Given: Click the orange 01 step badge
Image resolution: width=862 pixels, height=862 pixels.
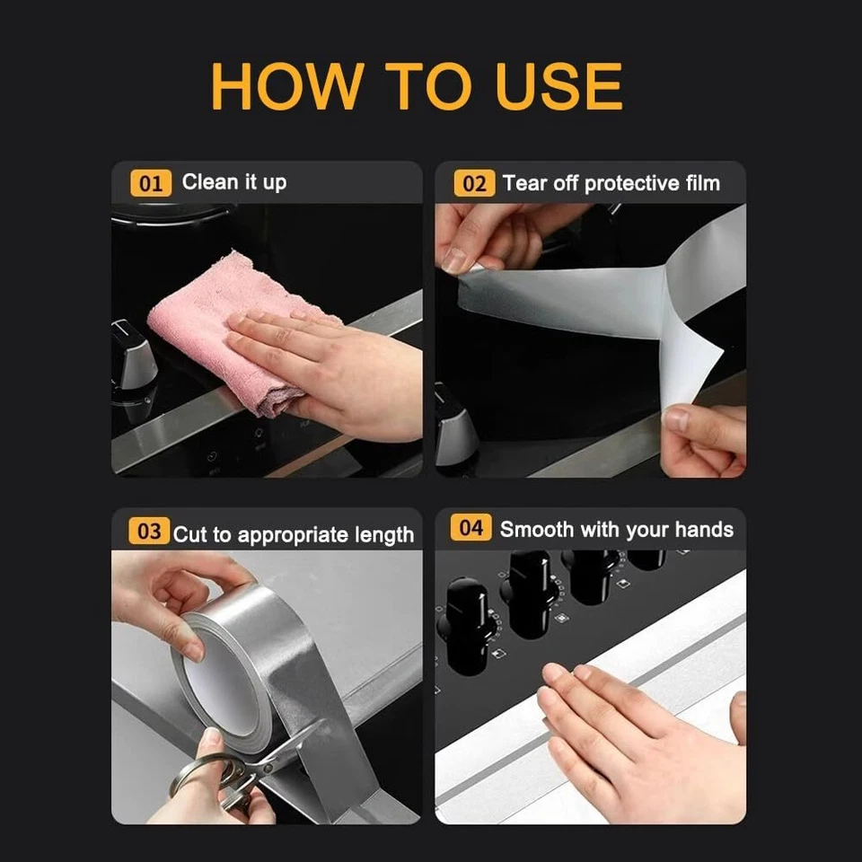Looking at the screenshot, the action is click(x=151, y=183).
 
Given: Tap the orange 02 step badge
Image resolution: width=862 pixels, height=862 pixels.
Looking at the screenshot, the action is click(x=474, y=183).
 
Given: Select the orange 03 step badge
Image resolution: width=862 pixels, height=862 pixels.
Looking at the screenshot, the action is click(x=149, y=531).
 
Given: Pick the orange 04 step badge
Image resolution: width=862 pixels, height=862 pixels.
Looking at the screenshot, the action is click(x=471, y=528).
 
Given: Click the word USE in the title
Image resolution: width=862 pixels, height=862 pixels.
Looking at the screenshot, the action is click(x=559, y=86).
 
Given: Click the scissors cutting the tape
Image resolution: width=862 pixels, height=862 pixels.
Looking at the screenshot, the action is click(x=242, y=770).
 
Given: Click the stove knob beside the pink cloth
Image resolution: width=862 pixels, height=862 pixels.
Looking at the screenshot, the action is click(x=132, y=356).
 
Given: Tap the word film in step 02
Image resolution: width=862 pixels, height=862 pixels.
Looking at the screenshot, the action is click(x=702, y=183).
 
